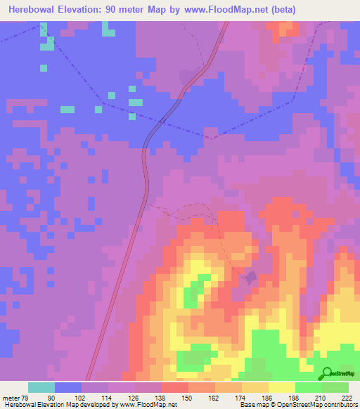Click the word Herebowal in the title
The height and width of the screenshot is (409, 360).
click(x=32, y=10)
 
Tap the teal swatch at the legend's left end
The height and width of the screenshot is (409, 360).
click(x=41, y=387)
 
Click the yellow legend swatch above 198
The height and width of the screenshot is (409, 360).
click(x=282, y=387)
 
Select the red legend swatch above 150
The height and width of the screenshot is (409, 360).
click(x=175, y=387)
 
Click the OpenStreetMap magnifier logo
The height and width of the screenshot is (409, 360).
click(x=328, y=373)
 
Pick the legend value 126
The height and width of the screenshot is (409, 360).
click(x=135, y=398)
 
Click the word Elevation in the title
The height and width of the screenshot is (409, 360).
click(x=87, y=10)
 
